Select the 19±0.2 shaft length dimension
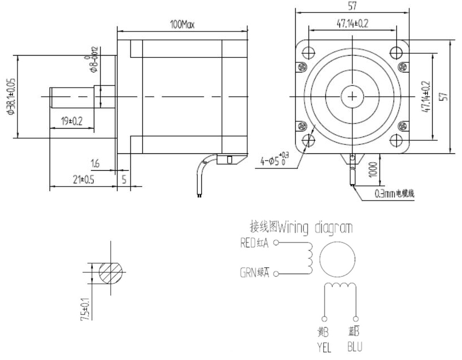(x=71, y=121)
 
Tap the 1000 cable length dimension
(x=372, y=169)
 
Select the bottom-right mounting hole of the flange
(x=396, y=139)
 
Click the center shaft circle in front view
(x=352, y=96)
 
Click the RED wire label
(x=248, y=244)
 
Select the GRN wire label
(x=248, y=274)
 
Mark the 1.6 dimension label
(x=94, y=163)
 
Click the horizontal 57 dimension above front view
(x=352, y=6)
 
